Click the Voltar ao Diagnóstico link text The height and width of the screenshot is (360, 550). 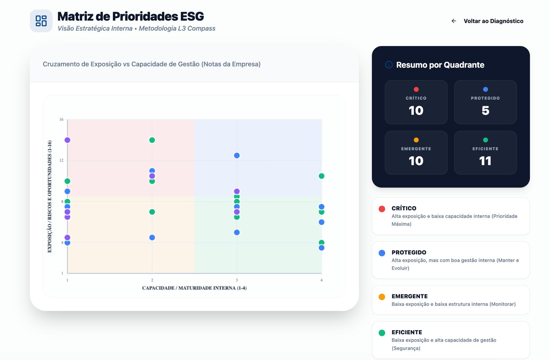[x=493, y=21]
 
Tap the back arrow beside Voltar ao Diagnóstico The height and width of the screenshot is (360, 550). [x=454, y=21]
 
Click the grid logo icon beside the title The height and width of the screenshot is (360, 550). [x=41, y=21]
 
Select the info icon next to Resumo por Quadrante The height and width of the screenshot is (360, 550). [x=389, y=65]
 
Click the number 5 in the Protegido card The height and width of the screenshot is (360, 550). [x=485, y=110]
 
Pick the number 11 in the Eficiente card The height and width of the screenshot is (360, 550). [x=485, y=161]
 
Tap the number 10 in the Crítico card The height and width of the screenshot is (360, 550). [x=416, y=110]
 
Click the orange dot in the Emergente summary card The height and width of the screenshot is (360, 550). [x=416, y=140]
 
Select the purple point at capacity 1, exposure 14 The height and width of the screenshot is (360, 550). [x=67, y=140]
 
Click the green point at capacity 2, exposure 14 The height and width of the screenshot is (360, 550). [x=152, y=140]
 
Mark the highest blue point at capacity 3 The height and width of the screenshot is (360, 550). [x=237, y=155]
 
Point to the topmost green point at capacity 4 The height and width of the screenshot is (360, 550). [x=321, y=176]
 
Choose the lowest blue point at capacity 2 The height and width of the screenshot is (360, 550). [x=152, y=238]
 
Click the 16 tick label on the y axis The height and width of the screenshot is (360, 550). [x=61, y=120]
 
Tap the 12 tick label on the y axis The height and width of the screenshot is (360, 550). [x=61, y=161]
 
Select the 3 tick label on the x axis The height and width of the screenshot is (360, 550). [x=237, y=280]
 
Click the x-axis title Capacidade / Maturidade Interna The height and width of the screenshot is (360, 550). [x=194, y=288]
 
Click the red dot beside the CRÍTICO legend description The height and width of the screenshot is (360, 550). [x=382, y=209]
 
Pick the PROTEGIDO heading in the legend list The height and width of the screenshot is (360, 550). [x=409, y=252]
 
